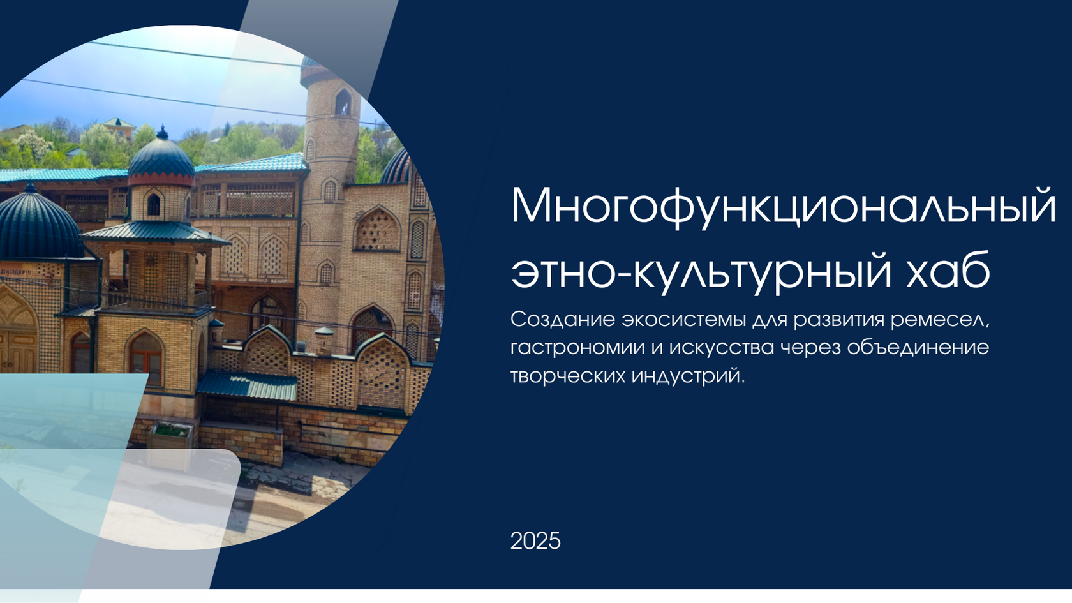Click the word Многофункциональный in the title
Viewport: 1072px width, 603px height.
[783, 207]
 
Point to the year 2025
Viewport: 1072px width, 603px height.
[535, 541]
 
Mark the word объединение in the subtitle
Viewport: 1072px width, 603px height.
[918, 348]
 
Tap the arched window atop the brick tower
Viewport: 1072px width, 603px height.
[343, 102]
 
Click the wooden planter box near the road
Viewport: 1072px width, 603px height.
[171, 437]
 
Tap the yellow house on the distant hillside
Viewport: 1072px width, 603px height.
[119, 128]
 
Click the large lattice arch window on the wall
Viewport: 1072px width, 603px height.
[377, 230]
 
